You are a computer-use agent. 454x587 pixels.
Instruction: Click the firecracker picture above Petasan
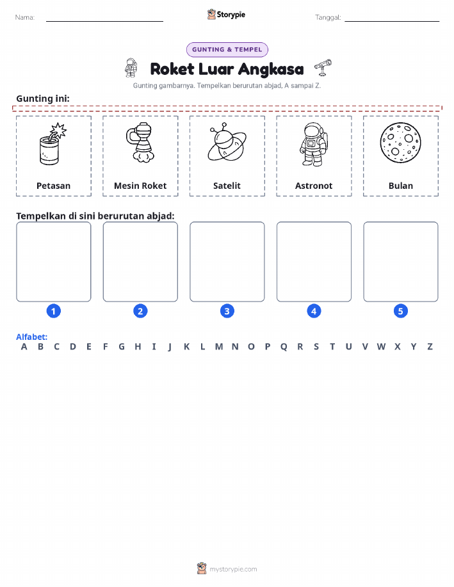[x=53, y=144]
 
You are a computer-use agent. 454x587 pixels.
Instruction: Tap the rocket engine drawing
[x=140, y=142]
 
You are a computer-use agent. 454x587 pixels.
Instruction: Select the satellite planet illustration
[x=227, y=142]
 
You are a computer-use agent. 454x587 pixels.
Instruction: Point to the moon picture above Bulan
[x=400, y=143]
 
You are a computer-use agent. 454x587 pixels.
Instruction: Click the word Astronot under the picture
[x=314, y=186]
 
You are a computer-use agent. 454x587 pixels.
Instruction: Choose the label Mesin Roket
[x=140, y=186]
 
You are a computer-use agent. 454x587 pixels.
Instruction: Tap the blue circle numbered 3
[x=227, y=311]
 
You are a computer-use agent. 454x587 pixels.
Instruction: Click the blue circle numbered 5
[x=400, y=311]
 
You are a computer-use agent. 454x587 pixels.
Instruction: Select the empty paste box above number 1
[x=54, y=262]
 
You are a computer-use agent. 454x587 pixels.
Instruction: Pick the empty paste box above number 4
[x=314, y=262]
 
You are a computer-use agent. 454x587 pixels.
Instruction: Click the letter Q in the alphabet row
[x=284, y=347]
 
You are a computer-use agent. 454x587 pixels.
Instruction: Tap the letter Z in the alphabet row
[x=430, y=347]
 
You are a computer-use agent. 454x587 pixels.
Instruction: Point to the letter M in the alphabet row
[x=219, y=347]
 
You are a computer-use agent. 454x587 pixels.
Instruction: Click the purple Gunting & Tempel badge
[x=227, y=50]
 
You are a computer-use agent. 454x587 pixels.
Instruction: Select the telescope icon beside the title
[x=323, y=67]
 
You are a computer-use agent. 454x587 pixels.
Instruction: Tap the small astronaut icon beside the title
[x=131, y=68]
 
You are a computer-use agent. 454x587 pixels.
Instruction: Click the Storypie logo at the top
[x=226, y=15]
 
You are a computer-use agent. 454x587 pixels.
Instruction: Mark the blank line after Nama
[x=104, y=21]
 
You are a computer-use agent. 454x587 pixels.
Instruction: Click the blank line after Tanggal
[x=392, y=21]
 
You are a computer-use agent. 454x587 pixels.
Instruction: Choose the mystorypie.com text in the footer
[x=233, y=569]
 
